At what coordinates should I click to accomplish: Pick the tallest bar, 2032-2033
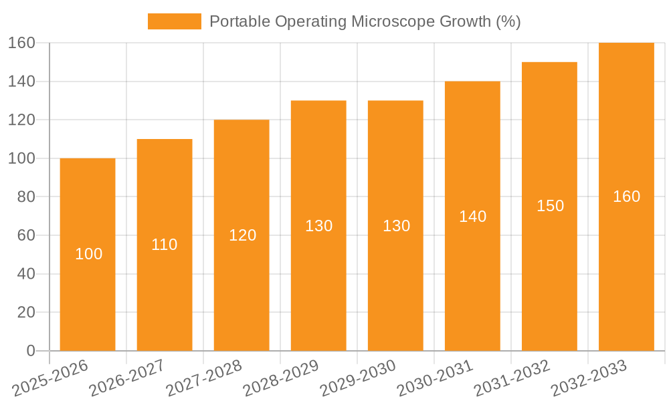pyautogui.click(x=626, y=267)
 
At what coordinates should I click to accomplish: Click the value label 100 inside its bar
pyautogui.click(x=88, y=254)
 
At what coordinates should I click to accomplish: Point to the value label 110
pyautogui.click(x=165, y=245)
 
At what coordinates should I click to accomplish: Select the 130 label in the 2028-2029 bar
pyautogui.click(x=318, y=226)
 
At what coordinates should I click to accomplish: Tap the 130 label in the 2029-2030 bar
pyautogui.click(x=396, y=226)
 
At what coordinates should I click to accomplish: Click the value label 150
pyautogui.click(x=550, y=206)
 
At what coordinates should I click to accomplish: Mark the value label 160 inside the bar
pyautogui.click(x=626, y=196)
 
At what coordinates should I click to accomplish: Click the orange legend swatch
pyautogui.click(x=174, y=21)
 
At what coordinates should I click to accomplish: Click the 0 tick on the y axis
pyautogui.click(x=30, y=351)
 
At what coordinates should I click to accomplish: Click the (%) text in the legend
pyautogui.click(x=508, y=21)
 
